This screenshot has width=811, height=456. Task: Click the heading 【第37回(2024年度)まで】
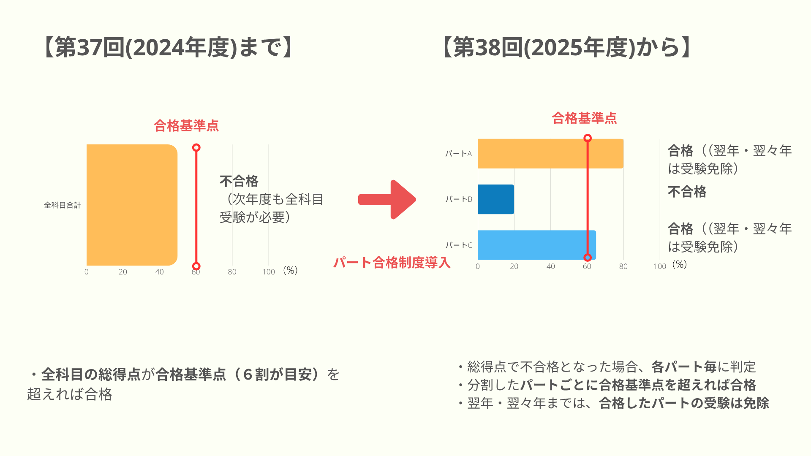168,47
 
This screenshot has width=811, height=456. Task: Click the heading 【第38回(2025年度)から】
566,47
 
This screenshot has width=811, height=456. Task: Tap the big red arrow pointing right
387,200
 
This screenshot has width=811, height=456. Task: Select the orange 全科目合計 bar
132,205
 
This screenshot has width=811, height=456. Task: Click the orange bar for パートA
550,154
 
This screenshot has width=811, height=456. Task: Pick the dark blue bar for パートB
496,199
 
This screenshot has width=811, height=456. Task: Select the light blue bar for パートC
537,245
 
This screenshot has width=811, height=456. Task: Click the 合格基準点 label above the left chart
186,125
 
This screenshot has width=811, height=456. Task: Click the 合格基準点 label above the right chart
584,118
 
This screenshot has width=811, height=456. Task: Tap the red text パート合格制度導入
392,263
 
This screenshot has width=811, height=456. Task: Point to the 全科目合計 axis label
63,205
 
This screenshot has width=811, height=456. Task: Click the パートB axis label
459,199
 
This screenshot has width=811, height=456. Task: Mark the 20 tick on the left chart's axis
123,272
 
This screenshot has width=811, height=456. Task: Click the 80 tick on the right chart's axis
623,266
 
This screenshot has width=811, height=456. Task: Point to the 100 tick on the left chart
269,272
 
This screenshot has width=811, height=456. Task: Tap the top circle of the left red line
196,147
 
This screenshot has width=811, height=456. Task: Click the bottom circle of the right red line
587,258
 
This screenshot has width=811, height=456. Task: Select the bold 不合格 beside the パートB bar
687,192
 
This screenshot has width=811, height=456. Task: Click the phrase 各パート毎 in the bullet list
684,366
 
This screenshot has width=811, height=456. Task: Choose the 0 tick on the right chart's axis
478,266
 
